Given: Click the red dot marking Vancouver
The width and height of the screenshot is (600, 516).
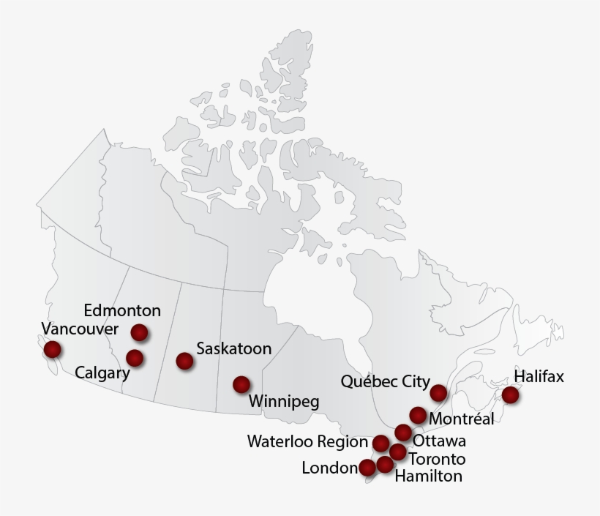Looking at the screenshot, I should pyautogui.click(x=52, y=349).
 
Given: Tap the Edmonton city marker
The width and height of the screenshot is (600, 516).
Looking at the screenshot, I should pyautogui.click(x=139, y=332).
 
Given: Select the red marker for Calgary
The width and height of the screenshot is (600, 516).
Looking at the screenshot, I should pyautogui.click(x=135, y=358).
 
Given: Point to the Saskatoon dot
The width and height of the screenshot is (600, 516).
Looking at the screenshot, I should pyautogui.click(x=184, y=360).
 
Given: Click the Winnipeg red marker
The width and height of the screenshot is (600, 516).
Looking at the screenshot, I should pyautogui.click(x=241, y=384).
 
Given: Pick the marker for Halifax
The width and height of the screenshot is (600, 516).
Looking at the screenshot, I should pyautogui.click(x=510, y=395).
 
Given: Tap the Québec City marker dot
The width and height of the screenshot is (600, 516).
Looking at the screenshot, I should pyautogui.click(x=438, y=393).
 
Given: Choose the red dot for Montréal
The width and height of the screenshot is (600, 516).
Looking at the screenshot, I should pyautogui.click(x=418, y=416).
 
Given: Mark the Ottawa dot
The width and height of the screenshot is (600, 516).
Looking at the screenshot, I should pyautogui.click(x=403, y=432).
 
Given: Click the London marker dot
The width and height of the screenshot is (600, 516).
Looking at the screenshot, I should pyautogui.click(x=367, y=467).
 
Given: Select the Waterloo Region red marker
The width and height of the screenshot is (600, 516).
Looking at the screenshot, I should pyautogui.click(x=380, y=443).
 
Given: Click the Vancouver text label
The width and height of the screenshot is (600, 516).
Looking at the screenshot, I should pyautogui.click(x=79, y=329).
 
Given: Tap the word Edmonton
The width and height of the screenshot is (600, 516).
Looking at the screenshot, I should pyautogui.click(x=122, y=310).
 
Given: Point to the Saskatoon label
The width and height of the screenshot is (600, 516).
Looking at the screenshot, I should pyautogui.click(x=233, y=349).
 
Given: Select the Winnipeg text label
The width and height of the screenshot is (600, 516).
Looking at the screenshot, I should pyautogui.click(x=284, y=402).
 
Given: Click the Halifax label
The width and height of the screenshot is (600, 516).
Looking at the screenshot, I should pyautogui.click(x=539, y=377).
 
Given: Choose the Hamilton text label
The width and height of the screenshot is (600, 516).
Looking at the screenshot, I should pyautogui.click(x=429, y=476).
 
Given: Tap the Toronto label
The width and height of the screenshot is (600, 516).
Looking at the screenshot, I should pyautogui.click(x=437, y=460).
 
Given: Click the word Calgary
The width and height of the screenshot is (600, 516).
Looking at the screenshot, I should pyautogui.click(x=102, y=374).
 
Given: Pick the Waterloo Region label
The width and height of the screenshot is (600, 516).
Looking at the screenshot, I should pyautogui.click(x=307, y=442).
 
